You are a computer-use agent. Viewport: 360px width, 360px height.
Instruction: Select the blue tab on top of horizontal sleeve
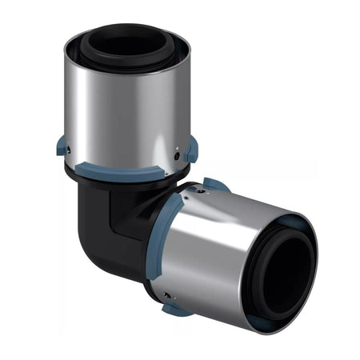(x=214, y=185)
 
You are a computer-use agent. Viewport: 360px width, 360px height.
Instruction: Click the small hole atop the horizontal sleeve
(x=192, y=193)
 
